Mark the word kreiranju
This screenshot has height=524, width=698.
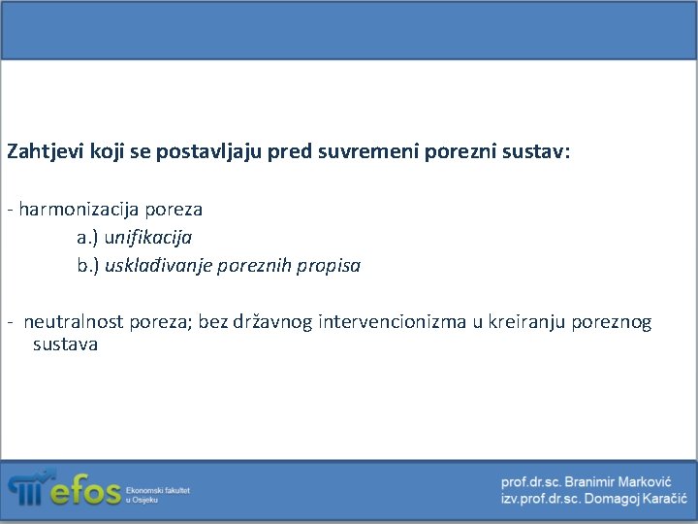coord(525,321)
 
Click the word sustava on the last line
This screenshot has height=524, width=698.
coord(65,344)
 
